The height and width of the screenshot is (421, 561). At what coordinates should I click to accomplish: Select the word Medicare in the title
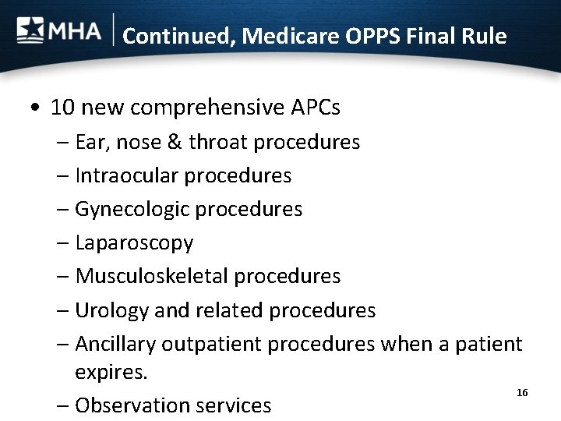284,36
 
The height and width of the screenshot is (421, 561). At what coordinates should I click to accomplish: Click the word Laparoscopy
134,243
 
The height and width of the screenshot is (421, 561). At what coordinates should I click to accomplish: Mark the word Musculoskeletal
152,276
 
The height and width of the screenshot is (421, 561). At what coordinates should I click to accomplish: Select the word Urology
108,310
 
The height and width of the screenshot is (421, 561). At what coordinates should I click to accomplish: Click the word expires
111,372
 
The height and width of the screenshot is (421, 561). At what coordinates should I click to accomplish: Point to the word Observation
132,405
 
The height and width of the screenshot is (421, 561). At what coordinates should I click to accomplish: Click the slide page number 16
522,393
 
